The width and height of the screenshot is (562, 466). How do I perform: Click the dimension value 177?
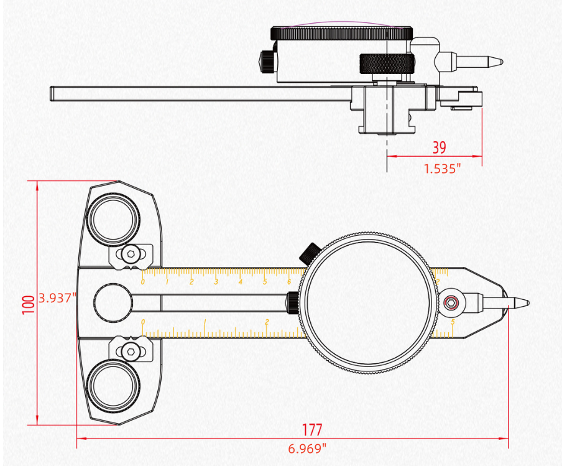pos(312,430)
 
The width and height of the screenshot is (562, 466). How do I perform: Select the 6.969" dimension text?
pos(307,448)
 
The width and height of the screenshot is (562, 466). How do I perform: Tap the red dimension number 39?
pos(439,148)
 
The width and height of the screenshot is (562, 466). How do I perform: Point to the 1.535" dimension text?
pos(443,169)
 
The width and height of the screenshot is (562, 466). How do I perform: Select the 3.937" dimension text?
pos(57,297)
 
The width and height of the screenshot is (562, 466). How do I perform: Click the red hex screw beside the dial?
pos(452,303)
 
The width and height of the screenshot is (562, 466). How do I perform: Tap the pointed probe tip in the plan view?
pos(521,303)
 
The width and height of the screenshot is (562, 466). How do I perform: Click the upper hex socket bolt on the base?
pos(129,254)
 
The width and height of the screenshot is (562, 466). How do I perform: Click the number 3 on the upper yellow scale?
pos(216,282)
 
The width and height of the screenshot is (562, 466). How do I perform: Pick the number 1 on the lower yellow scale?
pos(205,322)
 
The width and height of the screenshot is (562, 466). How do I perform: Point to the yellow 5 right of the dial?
pos(452,322)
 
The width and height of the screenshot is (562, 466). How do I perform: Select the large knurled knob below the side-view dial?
pos(386,64)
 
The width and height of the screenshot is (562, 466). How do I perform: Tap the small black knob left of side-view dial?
pos(266,61)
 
